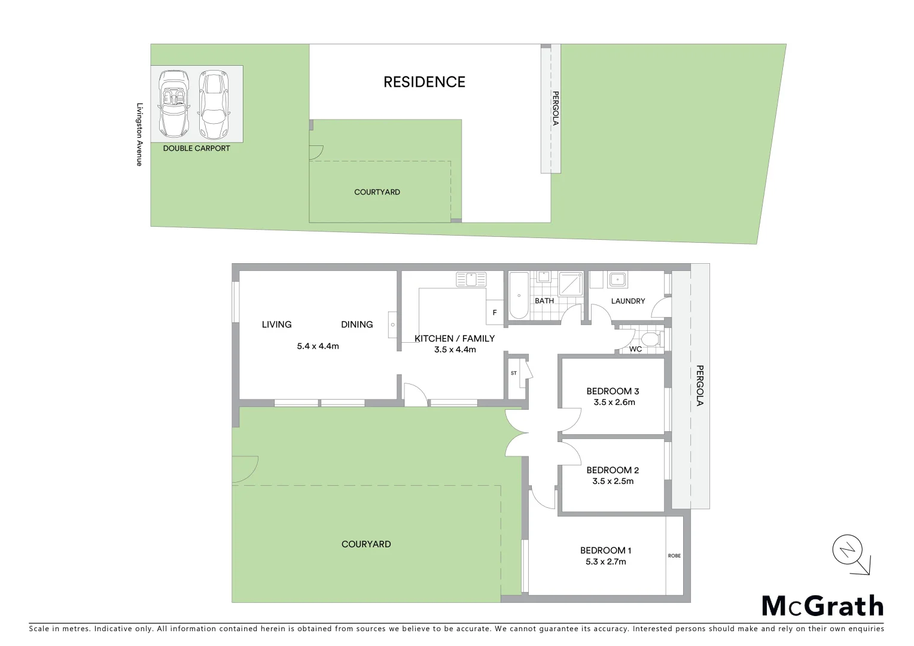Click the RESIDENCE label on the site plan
424,82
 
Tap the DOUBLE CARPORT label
196,148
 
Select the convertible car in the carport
174,103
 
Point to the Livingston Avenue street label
139,133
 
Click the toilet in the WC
650,340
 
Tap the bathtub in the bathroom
518,295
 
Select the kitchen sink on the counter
471,279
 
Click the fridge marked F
495,312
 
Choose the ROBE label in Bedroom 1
674,556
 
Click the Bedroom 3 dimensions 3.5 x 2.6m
614,403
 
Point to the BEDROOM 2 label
613,470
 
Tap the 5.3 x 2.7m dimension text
606,562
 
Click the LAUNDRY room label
628,301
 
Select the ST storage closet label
513,373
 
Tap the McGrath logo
822,606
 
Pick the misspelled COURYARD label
366,544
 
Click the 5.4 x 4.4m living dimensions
318,346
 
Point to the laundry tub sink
617,279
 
